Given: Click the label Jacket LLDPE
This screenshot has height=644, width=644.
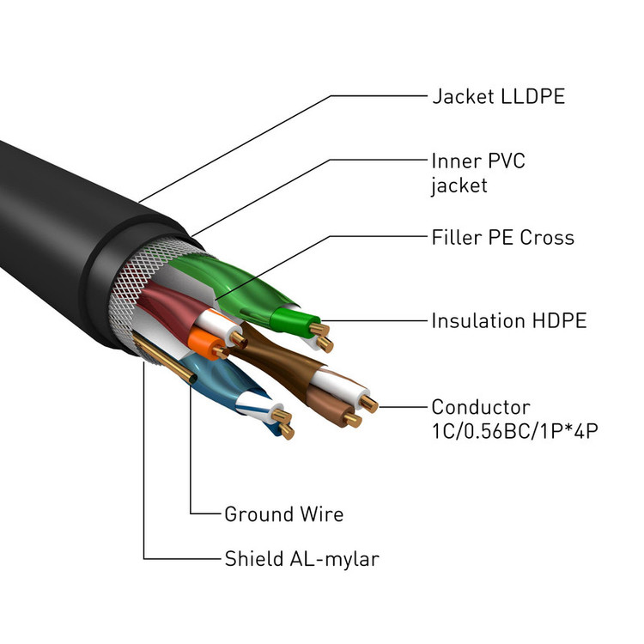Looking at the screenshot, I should (x=498, y=95).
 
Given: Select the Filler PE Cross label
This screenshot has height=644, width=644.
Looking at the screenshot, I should (x=502, y=237).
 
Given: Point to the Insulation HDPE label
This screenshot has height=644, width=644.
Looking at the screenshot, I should (x=508, y=321).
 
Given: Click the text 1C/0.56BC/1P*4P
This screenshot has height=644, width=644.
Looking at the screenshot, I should (x=513, y=429).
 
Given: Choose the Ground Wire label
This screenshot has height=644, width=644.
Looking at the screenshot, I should (x=283, y=514).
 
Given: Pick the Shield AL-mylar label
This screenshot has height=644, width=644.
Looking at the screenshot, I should (x=301, y=559).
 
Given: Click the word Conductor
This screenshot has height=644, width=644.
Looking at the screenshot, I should (x=480, y=406).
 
